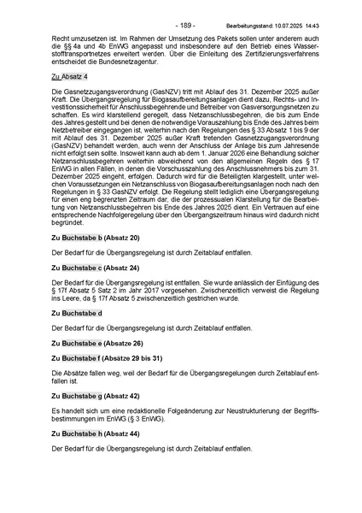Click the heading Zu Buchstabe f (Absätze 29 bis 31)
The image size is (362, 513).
pos(106,359)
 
